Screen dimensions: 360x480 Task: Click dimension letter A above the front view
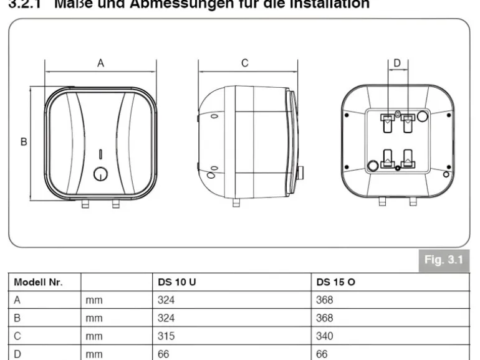point(100,63)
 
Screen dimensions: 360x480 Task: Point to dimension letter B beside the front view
point(24,142)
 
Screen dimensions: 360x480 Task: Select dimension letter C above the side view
point(245,63)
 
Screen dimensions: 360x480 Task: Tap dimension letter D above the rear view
point(397,63)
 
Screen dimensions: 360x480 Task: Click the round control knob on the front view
point(100,174)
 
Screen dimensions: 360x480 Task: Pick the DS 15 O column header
point(336,282)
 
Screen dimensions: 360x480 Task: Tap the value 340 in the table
point(325,336)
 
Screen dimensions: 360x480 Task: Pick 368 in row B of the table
point(325,318)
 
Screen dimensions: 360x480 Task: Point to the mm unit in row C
point(95,336)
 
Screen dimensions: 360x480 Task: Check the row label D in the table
point(17,353)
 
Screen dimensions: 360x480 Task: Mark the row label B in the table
point(17,318)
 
